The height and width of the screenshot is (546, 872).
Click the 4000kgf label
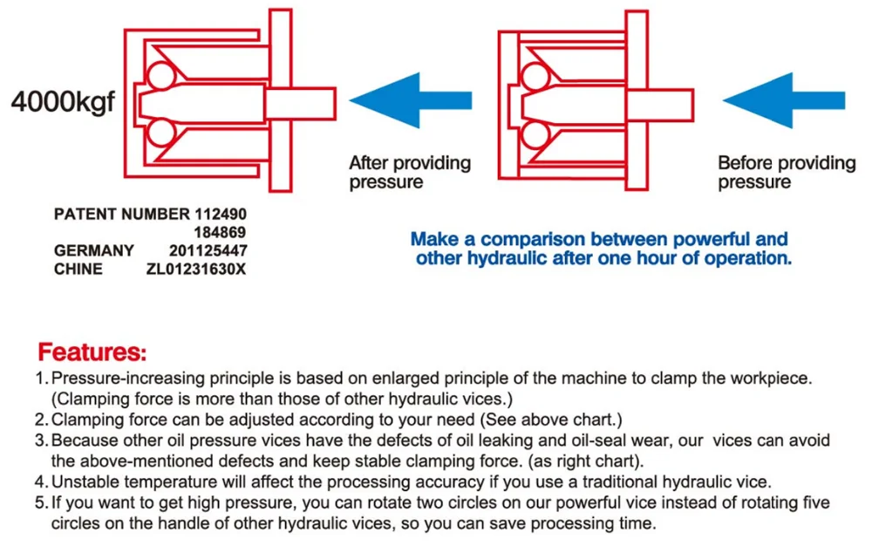point(63,102)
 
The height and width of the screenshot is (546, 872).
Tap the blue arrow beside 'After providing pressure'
point(411,100)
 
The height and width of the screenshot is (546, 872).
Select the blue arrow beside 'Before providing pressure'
point(784,100)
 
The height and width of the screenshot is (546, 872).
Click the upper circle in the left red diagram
point(161,76)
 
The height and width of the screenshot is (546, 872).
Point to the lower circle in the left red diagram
point(161,133)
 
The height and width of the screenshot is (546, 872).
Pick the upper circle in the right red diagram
point(535,78)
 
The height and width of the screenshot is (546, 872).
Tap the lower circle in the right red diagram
point(535,134)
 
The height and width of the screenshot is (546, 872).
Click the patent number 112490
point(221,214)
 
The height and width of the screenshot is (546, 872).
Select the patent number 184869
point(221,232)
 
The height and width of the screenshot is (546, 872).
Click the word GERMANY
point(94,251)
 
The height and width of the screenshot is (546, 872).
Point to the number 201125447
point(208,251)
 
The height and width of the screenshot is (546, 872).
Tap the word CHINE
point(78,270)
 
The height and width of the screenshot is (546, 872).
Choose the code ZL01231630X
point(195,270)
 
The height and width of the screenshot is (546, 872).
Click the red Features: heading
point(92,352)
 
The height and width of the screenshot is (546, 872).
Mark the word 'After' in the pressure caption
point(369,163)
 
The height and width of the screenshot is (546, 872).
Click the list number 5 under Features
point(41,503)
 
